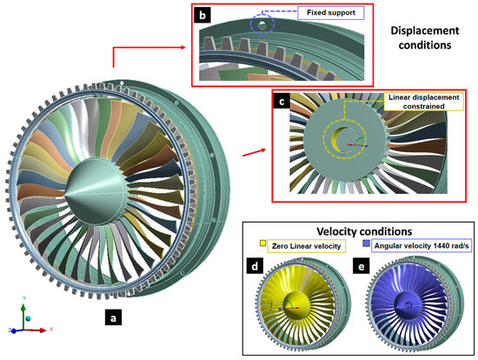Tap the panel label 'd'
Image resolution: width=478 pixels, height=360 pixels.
click(256, 263)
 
